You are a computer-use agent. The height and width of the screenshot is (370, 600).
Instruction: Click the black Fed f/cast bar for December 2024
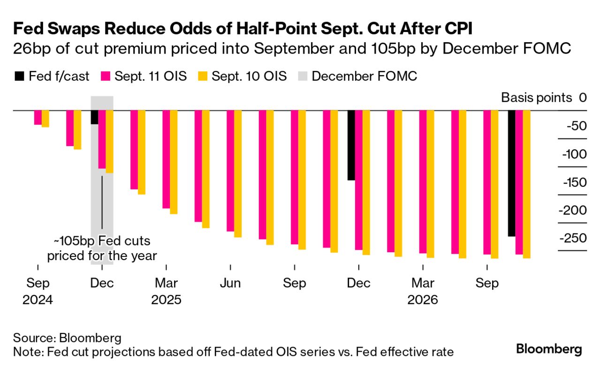point(94,117)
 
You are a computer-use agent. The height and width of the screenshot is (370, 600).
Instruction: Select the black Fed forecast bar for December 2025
point(351,146)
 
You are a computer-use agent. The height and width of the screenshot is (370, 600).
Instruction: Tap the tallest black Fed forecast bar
point(512,174)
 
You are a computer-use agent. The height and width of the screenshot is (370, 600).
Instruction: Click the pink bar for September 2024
point(38,118)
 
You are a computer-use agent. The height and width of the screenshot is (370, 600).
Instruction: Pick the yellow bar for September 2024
point(46,119)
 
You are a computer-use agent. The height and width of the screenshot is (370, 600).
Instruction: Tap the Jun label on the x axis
point(230,284)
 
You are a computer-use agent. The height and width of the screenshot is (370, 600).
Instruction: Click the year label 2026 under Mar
point(423,300)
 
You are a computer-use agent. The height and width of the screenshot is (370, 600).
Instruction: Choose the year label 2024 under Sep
point(38,300)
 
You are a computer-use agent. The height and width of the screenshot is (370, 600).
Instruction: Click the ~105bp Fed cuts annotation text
point(102,249)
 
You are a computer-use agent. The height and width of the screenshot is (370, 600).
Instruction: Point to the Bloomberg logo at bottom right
point(549,349)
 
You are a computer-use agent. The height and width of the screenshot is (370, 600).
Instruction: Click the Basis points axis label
point(537,98)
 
